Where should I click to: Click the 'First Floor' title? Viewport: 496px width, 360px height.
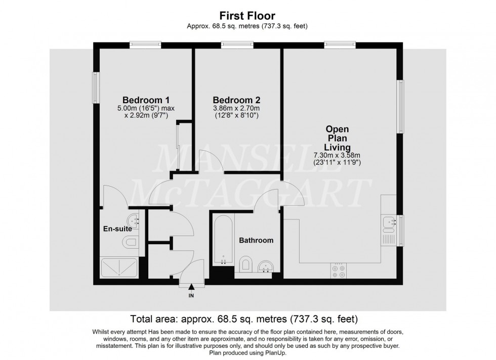[247, 16]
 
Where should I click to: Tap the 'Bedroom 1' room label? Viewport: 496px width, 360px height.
[146, 100]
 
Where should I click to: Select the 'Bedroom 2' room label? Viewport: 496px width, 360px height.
[236, 100]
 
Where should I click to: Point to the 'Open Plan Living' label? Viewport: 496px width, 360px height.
[337, 138]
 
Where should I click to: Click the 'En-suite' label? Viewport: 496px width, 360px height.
[117, 229]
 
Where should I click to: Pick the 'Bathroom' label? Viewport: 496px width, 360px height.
[256, 240]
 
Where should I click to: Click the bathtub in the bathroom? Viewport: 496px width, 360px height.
[223, 240]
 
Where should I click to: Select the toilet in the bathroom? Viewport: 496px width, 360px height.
[245, 263]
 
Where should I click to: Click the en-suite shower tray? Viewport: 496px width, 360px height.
[119, 268]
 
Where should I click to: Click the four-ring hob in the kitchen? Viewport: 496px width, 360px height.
[339, 271]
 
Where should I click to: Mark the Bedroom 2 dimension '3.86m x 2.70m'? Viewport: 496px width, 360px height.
[236, 108]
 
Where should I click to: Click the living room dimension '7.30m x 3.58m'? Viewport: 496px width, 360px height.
[337, 155]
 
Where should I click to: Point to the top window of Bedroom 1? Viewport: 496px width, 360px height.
[145, 45]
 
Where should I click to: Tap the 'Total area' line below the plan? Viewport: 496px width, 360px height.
[244, 319]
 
